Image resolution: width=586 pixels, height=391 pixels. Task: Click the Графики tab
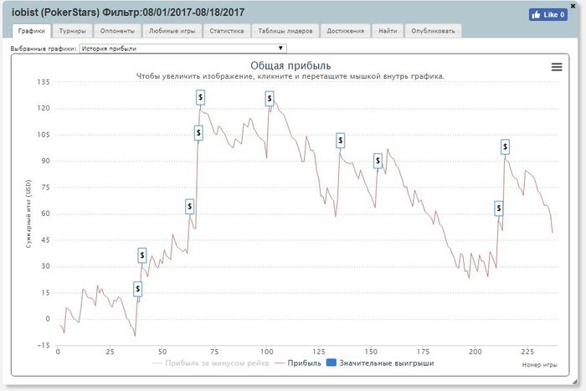[31, 31]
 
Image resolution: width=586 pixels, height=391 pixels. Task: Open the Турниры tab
[72, 31]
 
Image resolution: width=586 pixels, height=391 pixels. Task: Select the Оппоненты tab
[116, 31]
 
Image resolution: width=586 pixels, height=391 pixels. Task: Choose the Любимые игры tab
[171, 31]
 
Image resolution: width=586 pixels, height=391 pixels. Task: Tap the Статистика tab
[226, 31]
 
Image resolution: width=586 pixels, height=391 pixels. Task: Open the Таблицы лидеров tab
[285, 31]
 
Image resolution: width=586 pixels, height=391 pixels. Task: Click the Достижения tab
[346, 31]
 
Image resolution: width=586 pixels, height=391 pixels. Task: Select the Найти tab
[388, 31]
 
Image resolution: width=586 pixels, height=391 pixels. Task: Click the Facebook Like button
[548, 14]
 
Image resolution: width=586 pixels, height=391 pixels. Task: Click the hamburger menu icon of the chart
[557, 67]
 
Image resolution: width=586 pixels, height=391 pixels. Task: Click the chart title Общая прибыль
[291, 65]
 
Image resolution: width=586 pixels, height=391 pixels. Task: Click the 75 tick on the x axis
[215, 351]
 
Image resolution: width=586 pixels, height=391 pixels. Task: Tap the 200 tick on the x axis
[476, 351]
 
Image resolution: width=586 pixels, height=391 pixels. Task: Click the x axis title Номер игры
[538, 366]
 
